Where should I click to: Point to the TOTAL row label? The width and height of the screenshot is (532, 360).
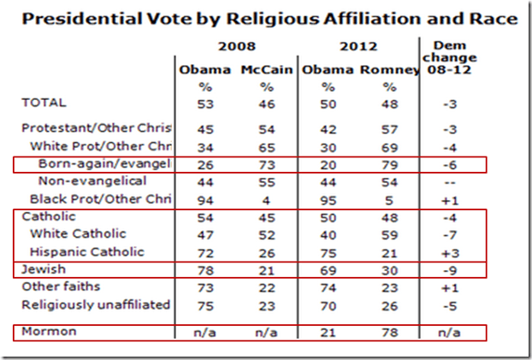(x=44, y=103)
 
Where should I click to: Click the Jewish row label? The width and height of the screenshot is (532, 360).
(x=43, y=271)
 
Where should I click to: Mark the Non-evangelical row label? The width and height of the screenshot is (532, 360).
(x=92, y=181)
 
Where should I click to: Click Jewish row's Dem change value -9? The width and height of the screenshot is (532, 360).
(x=449, y=271)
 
